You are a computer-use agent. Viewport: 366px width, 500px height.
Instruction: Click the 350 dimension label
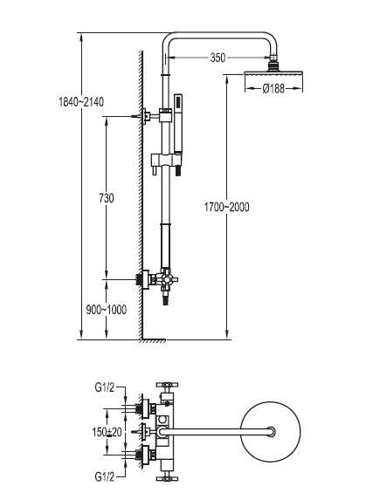coord(218,58)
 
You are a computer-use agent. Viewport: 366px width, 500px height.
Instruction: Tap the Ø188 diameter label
coord(273,88)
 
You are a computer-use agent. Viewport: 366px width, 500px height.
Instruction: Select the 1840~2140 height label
coord(81,102)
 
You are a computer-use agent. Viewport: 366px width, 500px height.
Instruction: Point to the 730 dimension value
coord(107,198)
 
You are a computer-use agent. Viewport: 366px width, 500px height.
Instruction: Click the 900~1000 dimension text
coord(107,309)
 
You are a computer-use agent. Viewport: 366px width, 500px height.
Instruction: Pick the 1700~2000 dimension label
coord(226,207)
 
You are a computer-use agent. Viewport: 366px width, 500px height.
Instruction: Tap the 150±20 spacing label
coord(107,432)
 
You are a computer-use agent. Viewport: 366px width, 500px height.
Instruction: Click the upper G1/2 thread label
coord(104,387)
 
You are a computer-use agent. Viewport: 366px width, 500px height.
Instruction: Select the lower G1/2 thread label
coord(104,476)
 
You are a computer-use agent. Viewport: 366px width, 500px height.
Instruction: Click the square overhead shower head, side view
coord(273,74)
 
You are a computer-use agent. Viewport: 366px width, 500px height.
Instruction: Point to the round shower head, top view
coord(271,432)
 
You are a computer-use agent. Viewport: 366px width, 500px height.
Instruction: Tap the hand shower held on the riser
coord(177,134)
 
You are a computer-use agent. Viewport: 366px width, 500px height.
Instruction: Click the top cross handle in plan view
coord(167,386)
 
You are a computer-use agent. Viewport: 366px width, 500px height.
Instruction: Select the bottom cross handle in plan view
coord(167,478)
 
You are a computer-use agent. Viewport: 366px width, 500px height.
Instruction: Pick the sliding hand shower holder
coord(166,159)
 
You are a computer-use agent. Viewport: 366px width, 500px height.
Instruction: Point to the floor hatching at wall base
coord(153,341)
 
